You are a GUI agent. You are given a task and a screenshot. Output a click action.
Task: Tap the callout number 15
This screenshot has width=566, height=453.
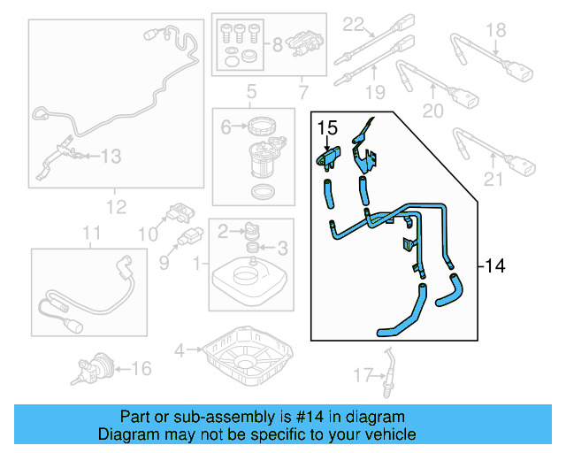(x=327, y=128)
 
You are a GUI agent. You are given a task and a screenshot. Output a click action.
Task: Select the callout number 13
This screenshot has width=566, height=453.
(x=110, y=157)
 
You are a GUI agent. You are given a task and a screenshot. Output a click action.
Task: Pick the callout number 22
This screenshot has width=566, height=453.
(x=354, y=24)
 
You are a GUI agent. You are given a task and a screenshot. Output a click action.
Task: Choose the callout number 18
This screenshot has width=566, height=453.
(x=497, y=31)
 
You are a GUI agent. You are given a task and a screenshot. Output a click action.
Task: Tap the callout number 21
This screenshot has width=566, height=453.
(x=493, y=181)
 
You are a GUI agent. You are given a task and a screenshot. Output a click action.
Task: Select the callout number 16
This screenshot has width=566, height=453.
(x=141, y=367)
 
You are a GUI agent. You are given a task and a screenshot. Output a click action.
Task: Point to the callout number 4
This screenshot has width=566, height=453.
(x=180, y=350)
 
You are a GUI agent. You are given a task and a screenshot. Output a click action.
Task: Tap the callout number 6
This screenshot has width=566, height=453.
(x=226, y=127)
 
